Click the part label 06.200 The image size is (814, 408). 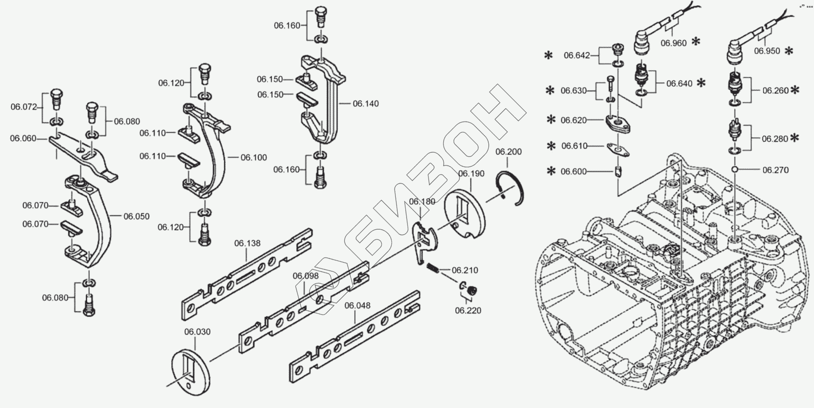point(508,152)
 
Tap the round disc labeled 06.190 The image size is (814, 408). point(465,214)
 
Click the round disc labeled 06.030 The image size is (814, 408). point(191,371)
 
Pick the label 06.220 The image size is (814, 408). point(468,310)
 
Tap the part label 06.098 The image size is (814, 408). point(306,276)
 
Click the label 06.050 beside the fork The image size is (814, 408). point(136,216)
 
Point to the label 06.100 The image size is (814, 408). point(254,157)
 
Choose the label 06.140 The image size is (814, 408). point(365,104)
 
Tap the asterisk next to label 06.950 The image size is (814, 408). point(789,50)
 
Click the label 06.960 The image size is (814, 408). point(673,43)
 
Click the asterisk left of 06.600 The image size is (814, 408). point(551,171)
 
